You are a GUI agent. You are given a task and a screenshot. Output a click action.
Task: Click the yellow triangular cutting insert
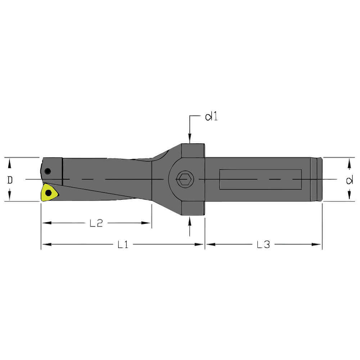[x=49, y=193]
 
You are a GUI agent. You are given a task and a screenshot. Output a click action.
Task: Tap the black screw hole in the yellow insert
[x=48, y=193]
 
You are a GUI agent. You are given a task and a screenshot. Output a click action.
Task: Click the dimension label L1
[x=123, y=245]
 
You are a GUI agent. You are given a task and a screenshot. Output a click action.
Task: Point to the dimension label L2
[x=96, y=223]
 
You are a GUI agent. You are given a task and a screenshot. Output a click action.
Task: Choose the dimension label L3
[x=263, y=245]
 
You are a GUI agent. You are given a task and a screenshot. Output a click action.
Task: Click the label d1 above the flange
[x=211, y=117]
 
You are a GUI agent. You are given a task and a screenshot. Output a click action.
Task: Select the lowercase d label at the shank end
[x=349, y=180]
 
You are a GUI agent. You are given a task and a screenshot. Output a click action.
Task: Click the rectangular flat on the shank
[x=260, y=179]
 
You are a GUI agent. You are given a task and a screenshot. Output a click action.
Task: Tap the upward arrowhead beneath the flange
[x=190, y=220]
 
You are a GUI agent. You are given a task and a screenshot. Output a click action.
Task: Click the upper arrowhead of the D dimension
[x=10, y=163]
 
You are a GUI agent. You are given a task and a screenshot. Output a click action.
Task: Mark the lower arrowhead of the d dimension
[x=349, y=196]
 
